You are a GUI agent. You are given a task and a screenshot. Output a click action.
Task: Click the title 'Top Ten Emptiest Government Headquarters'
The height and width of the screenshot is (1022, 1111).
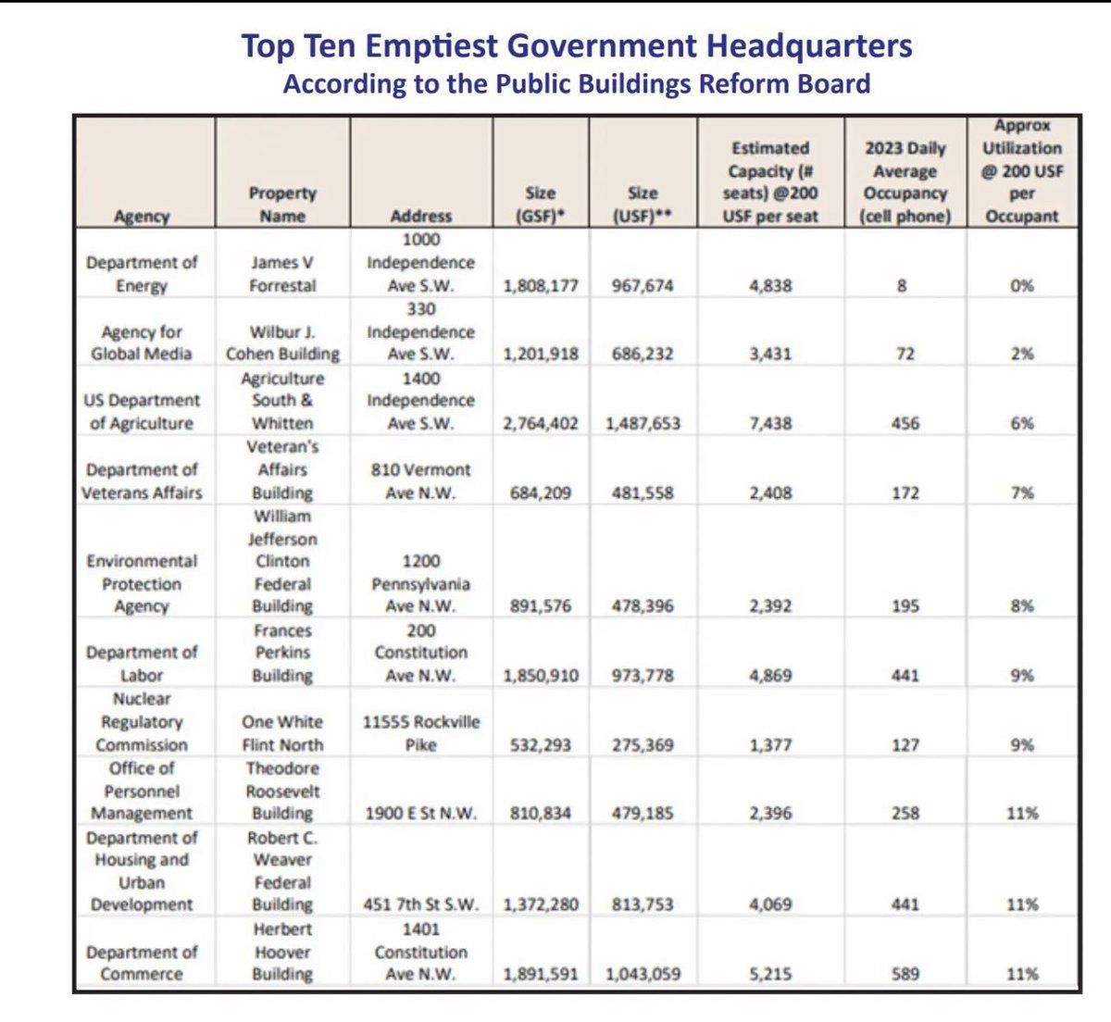(x=577, y=46)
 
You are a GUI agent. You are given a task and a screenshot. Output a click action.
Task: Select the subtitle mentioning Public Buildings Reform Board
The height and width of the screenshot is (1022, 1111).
(x=577, y=84)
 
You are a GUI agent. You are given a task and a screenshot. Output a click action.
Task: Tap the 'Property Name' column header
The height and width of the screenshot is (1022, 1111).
(x=282, y=205)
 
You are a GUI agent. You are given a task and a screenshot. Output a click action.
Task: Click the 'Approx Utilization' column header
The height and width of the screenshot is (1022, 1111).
(x=1022, y=171)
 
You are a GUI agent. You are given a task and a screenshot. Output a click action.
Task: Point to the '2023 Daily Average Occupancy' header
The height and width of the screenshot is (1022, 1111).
(x=905, y=182)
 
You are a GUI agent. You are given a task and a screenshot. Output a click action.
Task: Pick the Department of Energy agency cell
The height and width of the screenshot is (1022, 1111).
(x=142, y=274)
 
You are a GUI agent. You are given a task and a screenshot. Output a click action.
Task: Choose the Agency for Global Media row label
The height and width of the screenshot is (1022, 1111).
(x=142, y=343)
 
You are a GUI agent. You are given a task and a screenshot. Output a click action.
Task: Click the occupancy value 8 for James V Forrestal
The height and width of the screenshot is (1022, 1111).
(x=902, y=286)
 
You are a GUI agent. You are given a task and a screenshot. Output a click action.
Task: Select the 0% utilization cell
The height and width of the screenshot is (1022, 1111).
(x=1022, y=286)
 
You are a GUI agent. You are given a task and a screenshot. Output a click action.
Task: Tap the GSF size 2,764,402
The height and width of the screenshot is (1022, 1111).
(x=541, y=424)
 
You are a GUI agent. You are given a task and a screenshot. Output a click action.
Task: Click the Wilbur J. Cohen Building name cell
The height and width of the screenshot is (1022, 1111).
(x=282, y=343)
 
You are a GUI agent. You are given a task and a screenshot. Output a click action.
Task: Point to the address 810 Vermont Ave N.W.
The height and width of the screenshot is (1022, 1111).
(x=420, y=481)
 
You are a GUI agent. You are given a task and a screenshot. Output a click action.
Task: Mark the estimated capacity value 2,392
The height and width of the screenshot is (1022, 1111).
(x=770, y=606)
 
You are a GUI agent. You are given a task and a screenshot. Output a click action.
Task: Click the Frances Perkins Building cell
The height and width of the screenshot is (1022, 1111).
(x=282, y=653)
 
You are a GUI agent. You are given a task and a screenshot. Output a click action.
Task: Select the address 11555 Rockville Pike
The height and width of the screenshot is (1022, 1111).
(x=420, y=733)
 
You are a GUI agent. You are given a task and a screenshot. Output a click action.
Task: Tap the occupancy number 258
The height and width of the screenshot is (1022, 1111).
(x=905, y=814)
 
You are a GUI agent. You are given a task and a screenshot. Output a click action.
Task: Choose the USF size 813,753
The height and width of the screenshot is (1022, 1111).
(x=643, y=904)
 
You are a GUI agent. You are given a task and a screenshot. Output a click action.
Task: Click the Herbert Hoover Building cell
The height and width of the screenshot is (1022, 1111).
(x=282, y=952)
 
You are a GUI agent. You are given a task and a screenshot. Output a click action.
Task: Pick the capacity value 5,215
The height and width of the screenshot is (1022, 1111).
(x=770, y=974)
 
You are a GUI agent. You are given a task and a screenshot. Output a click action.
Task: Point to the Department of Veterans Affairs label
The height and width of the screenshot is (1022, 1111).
(x=142, y=481)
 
